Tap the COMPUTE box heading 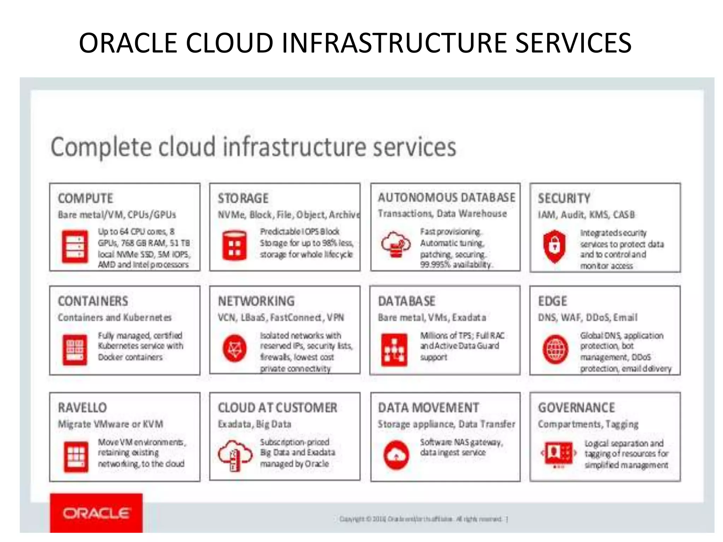(85, 198)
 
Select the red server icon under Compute (75, 246)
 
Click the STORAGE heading (243, 198)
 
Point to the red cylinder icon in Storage (234, 246)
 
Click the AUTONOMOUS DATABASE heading (447, 197)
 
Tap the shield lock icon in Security (555, 246)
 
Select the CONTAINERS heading (93, 301)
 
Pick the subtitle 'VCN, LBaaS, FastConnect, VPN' (281, 317)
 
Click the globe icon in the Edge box (555, 349)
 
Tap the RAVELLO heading (82, 408)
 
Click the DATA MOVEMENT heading (428, 408)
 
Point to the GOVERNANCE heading (576, 408)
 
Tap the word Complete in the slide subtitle (101, 147)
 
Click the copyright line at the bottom (423, 519)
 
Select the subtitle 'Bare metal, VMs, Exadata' (432, 317)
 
